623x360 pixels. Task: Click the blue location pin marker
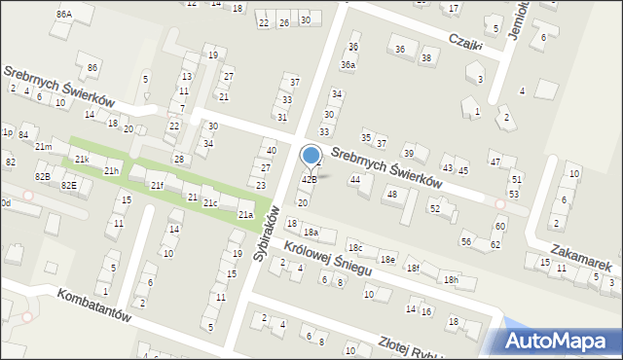pos(311,156)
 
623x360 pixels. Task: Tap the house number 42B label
pos(309,179)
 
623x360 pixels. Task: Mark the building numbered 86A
pos(64,14)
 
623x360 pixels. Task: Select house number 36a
pos(348,64)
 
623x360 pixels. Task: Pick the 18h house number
pos(451,279)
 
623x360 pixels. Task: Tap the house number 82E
pos(68,185)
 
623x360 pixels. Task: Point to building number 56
pos(466,240)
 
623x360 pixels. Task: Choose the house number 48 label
pos(392,194)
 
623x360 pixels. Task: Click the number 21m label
pos(44,147)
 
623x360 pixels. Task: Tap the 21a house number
pos(247,214)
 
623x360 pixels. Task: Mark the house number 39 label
pos(410,153)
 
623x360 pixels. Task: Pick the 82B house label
pos(42,176)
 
